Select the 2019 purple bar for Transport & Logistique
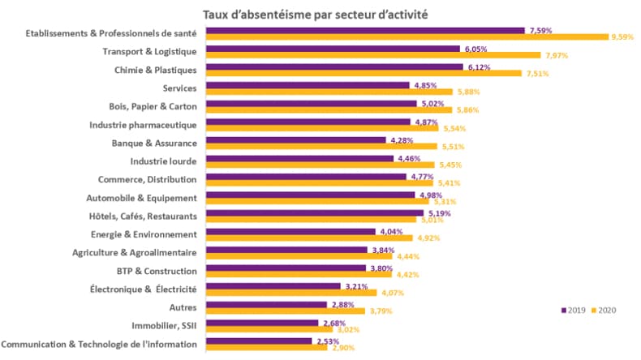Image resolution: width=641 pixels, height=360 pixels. tap(333, 49)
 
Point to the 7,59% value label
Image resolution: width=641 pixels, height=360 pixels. tap(540, 30)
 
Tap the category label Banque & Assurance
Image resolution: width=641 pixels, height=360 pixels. tap(154, 143)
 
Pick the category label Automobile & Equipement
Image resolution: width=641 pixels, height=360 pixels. tap(141, 197)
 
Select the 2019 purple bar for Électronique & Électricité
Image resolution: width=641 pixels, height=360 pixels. tap(273, 286)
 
